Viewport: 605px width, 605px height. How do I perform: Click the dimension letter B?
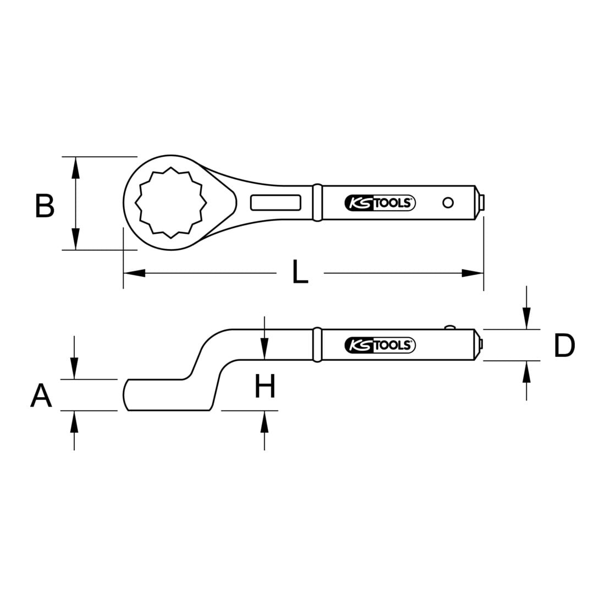[x=45, y=206]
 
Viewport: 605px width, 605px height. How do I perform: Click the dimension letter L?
[x=300, y=272]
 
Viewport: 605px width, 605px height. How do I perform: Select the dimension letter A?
[x=41, y=395]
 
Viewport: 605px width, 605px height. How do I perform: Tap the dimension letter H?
[x=265, y=386]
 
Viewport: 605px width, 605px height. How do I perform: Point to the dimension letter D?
[x=564, y=345]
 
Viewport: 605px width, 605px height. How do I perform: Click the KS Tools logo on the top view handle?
[x=380, y=202]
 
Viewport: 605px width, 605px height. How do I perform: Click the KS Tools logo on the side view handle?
[x=380, y=345]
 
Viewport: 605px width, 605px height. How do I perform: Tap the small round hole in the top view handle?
[x=448, y=202]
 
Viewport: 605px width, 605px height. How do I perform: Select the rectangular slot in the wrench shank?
[x=276, y=202]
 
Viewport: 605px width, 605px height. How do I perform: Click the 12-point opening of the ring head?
[x=170, y=202]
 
